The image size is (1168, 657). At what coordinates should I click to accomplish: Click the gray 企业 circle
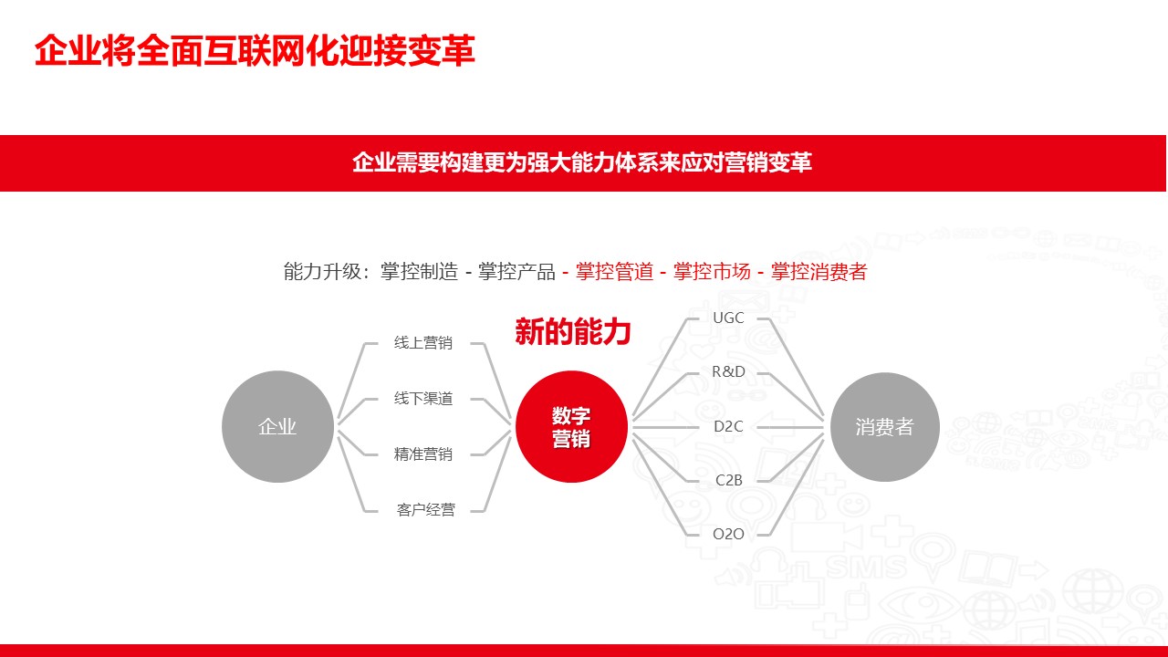[277, 426]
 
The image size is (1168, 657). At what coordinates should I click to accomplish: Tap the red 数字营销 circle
[571, 426]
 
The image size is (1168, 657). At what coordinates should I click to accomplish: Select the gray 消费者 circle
[885, 427]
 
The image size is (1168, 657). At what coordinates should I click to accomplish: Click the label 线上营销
[422, 342]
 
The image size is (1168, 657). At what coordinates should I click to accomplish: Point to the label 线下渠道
[422, 399]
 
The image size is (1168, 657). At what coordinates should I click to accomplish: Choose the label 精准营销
[422, 454]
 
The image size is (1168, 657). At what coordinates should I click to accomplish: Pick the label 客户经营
[425, 509]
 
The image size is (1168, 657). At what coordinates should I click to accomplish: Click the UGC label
[728, 318]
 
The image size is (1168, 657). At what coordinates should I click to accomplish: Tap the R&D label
[728, 371]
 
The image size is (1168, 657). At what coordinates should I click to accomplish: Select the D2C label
[728, 426]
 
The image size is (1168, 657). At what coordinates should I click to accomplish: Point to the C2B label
[728, 480]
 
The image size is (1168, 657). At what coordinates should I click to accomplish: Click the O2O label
[728, 534]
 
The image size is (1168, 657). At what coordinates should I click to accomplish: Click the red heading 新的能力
[572, 331]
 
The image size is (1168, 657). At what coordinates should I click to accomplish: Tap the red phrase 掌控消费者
[819, 272]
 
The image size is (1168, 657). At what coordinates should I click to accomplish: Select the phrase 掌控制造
[419, 272]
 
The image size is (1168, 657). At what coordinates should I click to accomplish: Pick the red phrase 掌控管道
[614, 272]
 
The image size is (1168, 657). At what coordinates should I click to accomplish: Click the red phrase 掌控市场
[712, 272]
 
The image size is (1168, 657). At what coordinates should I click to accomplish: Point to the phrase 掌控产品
[516, 272]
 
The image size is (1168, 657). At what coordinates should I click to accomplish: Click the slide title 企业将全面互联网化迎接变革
[255, 50]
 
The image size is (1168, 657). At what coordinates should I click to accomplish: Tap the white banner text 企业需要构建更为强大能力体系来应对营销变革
[582, 162]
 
